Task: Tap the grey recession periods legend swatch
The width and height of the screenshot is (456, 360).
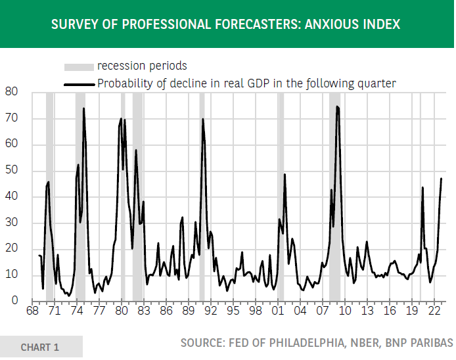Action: tap(78, 66)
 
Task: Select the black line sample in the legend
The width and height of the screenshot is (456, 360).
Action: tap(78, 83)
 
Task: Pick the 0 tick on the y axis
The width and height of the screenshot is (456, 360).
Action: tap(14, 301)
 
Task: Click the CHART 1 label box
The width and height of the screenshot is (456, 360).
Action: tap(41, 347)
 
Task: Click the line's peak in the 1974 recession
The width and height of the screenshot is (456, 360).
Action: tap(83, 108)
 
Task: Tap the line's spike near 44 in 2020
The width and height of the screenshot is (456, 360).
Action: tap(422, 187)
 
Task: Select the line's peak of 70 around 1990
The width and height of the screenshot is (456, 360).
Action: tap(203, 119)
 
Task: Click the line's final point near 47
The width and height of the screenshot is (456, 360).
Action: tap(442, 179)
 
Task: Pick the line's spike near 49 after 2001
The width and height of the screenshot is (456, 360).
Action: tap(285, 174)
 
